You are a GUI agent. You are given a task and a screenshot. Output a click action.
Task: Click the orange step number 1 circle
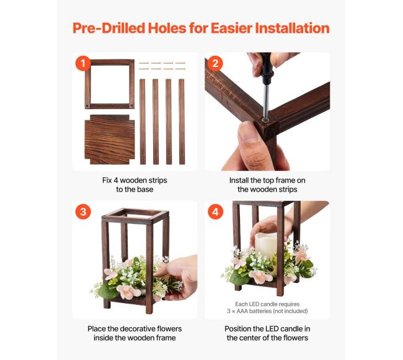pyautogui.click(x=83, y=63)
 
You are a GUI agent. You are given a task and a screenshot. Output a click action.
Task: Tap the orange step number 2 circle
pyautogui.click(x=215, y=63)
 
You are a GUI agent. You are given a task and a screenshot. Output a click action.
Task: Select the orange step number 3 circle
pyautogui.click(x=83, y=212)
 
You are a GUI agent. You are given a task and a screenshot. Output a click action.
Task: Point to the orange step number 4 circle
pyautogui.click(x=215, y=212)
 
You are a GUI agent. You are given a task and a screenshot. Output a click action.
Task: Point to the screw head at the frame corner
pyautogui.click(x=264, y=119)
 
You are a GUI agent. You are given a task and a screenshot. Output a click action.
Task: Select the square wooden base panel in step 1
pyautogui.click(x=110, y=139)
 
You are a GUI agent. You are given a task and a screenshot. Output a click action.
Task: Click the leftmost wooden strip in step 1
pyautogui.click(x=143, y=121)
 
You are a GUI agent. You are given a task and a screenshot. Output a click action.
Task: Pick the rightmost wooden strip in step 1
pyautogui.click(x=182, y=121)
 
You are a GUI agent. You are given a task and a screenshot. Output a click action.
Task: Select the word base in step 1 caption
pyautogui.click(x=145, y=190)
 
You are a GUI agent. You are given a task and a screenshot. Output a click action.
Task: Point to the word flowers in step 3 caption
pyautogui.click(x=167, y=328)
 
